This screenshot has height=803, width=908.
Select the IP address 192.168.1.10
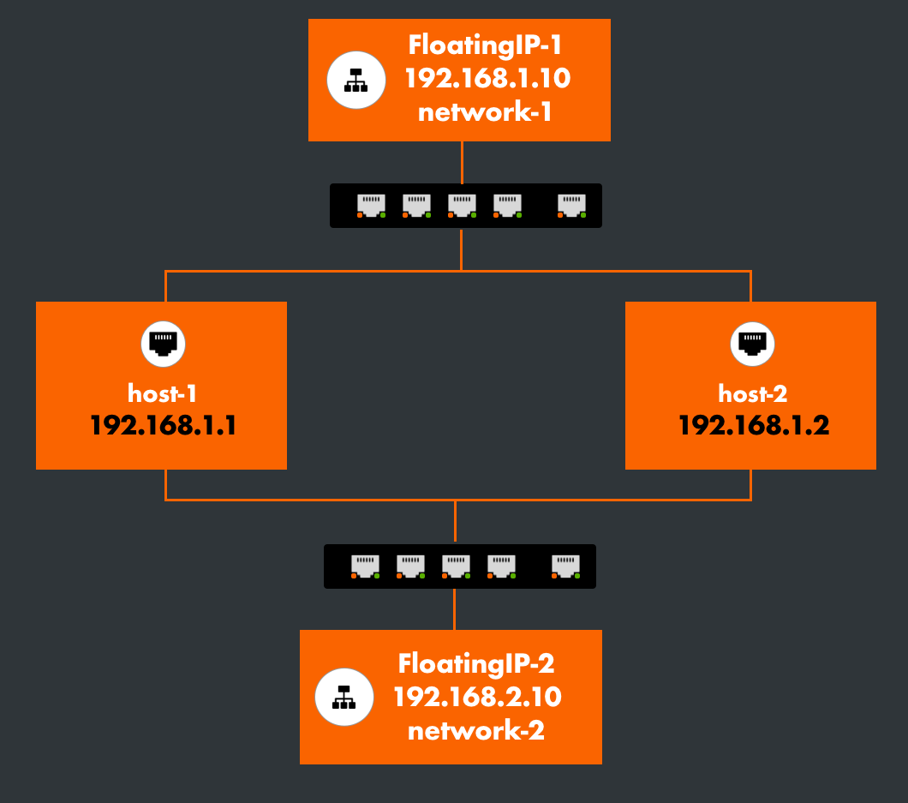pyautogui.click(x=487, y=79)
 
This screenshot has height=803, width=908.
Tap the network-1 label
pyautogui.click(x=485, y=112)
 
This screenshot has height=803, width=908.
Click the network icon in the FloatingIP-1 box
pyautogui.click(x=355, y=81)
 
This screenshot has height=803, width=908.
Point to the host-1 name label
pyautogui.click(x=163, y=393)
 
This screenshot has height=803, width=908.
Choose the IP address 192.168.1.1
pyautogui.click(x=163, y=425)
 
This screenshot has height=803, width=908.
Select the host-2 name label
pyautogui.click(x=752, y=393)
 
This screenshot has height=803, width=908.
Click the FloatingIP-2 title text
pyautogui.click(x=477, y=663)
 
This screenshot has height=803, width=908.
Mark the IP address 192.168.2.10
pyautogui.click(x=477, y=697)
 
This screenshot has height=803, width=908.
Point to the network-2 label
pyautogui.click(x=476, y=731)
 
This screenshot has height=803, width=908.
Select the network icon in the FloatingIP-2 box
pyautogui.click(x=344, y=698)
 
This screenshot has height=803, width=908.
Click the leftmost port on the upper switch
pyautogui.click(x=371, y=206)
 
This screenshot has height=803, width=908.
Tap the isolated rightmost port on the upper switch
pyautogui.click(x=571, y=206)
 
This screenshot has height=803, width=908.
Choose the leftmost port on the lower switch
pyautogui.click(x=365, y=566)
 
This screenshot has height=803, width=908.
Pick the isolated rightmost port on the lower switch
pyautogui.click(x=565, y=566)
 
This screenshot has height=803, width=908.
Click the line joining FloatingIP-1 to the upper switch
pyautogui.click(x=462, y=162)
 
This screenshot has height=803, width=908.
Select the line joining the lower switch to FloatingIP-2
pyautogui.click(x=454, y=609)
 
